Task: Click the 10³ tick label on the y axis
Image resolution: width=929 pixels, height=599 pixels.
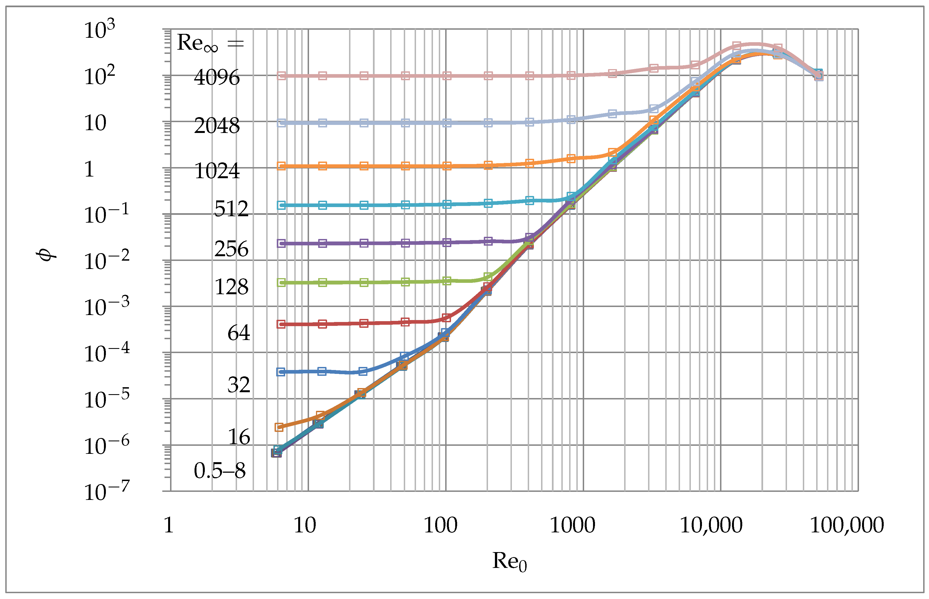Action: [x=99, y=30]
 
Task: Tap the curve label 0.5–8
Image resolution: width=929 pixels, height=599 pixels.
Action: [x=220, y=471]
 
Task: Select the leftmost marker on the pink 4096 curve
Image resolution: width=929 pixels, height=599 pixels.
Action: [x=282, y=75]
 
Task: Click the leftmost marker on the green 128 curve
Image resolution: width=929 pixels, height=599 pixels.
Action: [x=282, y=282]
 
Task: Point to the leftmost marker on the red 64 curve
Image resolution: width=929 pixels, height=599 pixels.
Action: [x=281, y=324]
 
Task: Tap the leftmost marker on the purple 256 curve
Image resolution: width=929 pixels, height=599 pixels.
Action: [x=281, y=243]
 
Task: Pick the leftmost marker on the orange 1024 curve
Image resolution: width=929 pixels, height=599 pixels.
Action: [x=281, y=166]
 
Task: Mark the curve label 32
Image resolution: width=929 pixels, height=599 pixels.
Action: [x=239, y=385]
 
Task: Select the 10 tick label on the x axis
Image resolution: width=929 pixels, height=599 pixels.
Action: [x=305, y=525]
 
